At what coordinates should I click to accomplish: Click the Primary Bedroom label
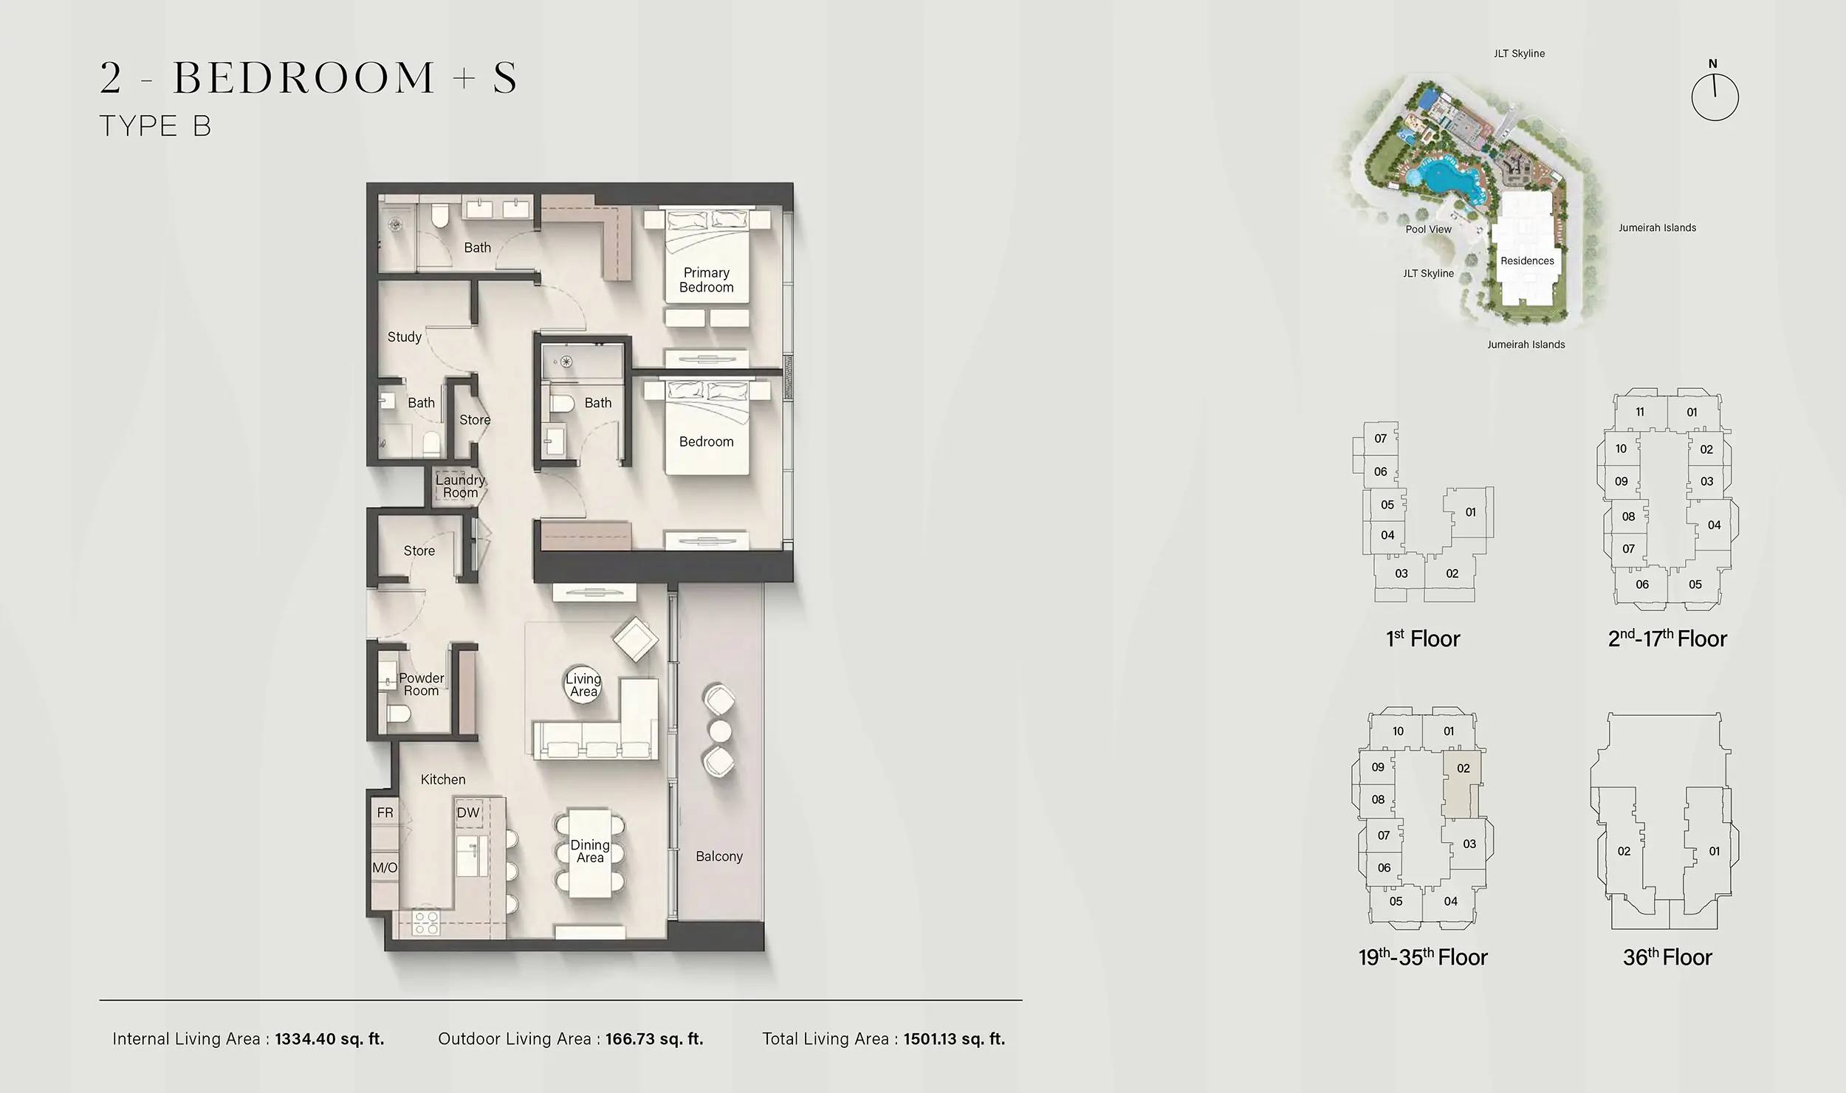click(x=706, y=280)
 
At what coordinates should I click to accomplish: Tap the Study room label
click(x=405, y=337)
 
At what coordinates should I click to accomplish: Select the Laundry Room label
click(x=459, y=486)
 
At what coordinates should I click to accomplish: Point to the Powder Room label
click(x=422, y=684)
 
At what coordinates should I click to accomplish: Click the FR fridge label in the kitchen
click(x=385, y=813)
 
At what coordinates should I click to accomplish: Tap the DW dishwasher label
click(x=468, y=813)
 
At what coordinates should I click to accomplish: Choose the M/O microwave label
click(x=385, y=868)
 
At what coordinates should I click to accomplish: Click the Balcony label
click(x=718, y=856)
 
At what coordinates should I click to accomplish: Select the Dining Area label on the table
click(x=590, y=851)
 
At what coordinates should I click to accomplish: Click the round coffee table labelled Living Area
click(x=583, y=685)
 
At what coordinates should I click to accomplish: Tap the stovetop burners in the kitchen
click(x=427, y=923)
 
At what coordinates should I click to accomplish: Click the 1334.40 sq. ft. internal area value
click(x=329, y=1039)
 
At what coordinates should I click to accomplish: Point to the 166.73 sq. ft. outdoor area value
click(x=654, y=1039)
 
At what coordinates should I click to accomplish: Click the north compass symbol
click(x=1715, y=96)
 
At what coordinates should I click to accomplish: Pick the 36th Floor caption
click(x=1667, y=957)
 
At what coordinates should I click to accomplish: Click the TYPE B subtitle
click(x=155, y=126)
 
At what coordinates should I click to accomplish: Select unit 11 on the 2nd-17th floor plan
click(x=1639, y=412)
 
